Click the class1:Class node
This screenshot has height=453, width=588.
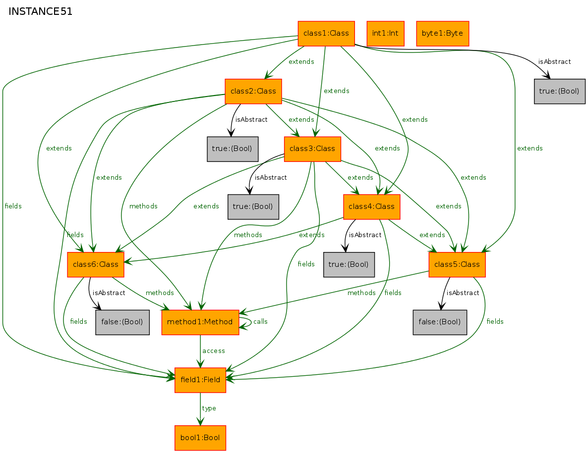click(326, 34)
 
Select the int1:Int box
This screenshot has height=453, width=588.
click(385, 34)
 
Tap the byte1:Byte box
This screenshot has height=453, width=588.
click(442, 34)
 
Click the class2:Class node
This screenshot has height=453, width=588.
click(253, 91)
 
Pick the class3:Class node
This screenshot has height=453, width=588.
click(312, 149)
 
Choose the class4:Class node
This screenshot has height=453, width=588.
click(372, 206)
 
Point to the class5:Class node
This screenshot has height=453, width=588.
click(457, 264)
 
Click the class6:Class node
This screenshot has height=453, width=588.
click(96, 264)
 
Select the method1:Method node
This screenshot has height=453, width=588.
click(200, 322)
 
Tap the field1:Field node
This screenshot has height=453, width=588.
click(200, 380)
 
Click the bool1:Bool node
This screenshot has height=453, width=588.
click(200, 438)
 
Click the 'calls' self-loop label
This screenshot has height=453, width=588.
click(260, 322)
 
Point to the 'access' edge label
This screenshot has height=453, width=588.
click(214, 351)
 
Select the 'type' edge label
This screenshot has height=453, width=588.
click(209, 408)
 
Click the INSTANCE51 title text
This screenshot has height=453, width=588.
click(41, 12)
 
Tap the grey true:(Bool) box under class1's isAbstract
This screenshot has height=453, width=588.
click(560, 91)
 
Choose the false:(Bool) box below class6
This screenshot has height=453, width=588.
click(122, 322)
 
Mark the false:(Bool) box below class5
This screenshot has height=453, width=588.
click(440, 322)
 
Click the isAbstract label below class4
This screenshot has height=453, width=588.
click(365, 235)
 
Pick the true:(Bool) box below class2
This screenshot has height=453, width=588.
click(233, 149)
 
